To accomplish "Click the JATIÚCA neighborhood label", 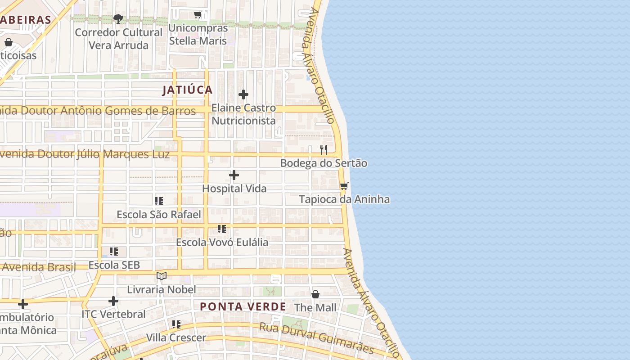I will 187,90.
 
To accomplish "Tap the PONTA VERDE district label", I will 243,307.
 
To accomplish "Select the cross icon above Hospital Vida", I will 234,175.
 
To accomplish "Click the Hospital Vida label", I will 234,189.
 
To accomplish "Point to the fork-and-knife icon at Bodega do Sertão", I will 324,149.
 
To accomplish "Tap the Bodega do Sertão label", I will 324,163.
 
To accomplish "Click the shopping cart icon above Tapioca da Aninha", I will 344,186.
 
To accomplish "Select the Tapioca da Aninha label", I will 344,199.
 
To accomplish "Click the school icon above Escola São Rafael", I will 158,201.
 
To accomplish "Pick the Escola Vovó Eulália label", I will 222,242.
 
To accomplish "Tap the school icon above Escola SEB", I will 114,252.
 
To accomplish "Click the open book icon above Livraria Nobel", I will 162,276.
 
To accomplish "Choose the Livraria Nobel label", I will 162,289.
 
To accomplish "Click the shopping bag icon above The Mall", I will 315,294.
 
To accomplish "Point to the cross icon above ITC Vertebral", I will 113,301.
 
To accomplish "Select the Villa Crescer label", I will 176,337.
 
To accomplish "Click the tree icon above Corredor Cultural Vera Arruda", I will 118,19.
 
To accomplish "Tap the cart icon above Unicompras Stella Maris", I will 198,15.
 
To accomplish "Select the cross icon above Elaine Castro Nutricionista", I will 243,94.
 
